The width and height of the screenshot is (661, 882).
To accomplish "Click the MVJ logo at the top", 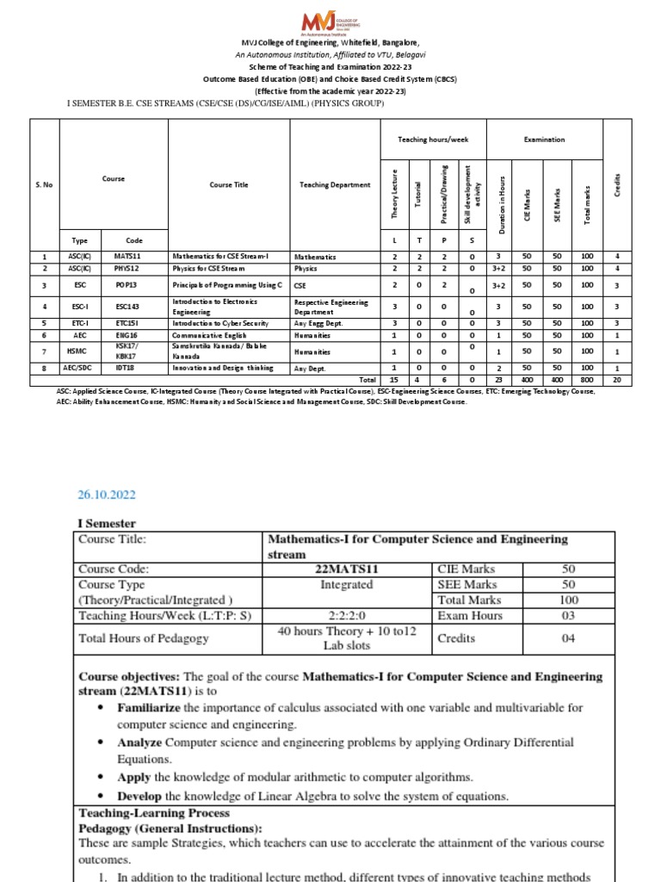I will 330,21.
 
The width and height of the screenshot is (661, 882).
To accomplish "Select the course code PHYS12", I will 127,269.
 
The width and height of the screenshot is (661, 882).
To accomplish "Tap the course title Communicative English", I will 204,335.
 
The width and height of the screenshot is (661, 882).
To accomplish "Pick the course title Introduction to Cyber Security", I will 213,323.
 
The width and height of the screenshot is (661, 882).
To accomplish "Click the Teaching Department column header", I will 334,185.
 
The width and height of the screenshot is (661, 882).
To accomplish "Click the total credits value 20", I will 617,379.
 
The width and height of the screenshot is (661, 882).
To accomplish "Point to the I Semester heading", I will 107,523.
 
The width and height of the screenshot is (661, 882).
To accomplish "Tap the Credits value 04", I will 569,638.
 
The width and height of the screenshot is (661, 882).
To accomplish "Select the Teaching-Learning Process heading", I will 154,812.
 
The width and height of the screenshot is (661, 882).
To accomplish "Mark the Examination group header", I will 544,139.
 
